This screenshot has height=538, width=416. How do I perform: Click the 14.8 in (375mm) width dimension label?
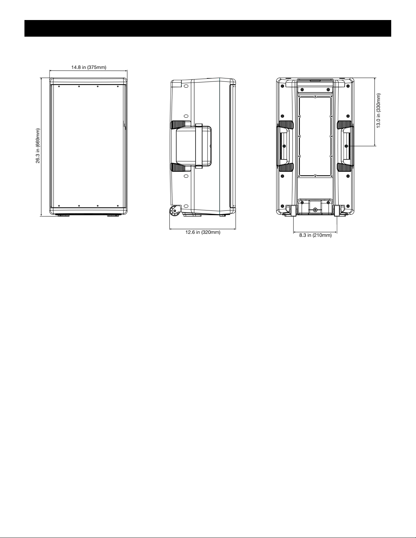[89, 67]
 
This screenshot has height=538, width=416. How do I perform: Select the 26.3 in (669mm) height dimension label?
[38, 146]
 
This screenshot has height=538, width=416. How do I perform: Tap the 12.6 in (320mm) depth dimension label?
[203, 232]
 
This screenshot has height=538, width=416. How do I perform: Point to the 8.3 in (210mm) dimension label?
[315, 235]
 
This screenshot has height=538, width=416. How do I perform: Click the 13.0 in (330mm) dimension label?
[378, 111]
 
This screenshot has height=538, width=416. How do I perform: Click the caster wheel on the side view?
[175, 212]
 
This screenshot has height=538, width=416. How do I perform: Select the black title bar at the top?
[208, 28]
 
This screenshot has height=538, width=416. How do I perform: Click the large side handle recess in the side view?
[194, 146]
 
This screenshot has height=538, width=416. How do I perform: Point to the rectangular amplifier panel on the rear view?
[315, 136]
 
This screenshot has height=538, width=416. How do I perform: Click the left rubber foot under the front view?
[64, 216]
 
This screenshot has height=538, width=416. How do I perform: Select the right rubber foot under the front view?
[113, 216]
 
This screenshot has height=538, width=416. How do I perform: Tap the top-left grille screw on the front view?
[59, 87]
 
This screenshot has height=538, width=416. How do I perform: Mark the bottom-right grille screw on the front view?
[117, 206]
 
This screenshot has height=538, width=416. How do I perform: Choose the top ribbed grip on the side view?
[178, 125]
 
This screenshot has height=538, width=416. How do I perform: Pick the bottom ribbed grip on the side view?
[178, 168]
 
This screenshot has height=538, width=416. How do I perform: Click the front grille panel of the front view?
[88, 146]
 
